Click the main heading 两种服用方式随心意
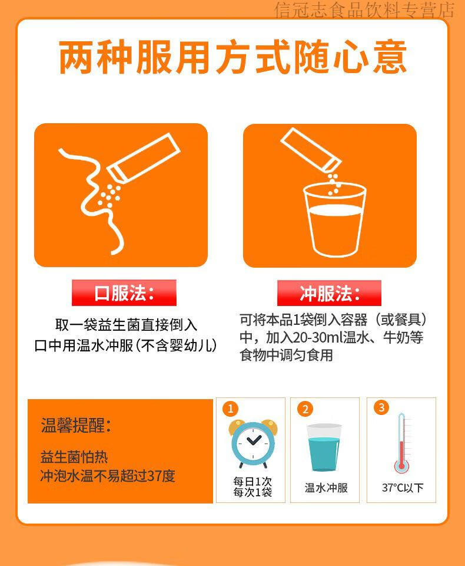pos(233,58)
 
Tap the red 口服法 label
pos(124,293)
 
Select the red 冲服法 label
pos(329,293)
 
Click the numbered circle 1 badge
pos(231,409)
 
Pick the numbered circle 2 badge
pos(305,409)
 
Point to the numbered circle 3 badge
pos(381,407)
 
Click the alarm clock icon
pos(253,443)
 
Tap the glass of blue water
pos(324,447)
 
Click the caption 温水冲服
pos(326,488)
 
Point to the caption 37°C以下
pos(403,488)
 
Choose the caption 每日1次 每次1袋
pos(253,486)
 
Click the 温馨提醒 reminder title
pos(76,425)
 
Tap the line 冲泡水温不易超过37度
pos(108,476)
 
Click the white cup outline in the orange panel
pos(335,219)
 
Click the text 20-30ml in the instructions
pos(317,337)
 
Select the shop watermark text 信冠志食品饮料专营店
pos(364,10)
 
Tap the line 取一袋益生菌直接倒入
pos(126,325)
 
